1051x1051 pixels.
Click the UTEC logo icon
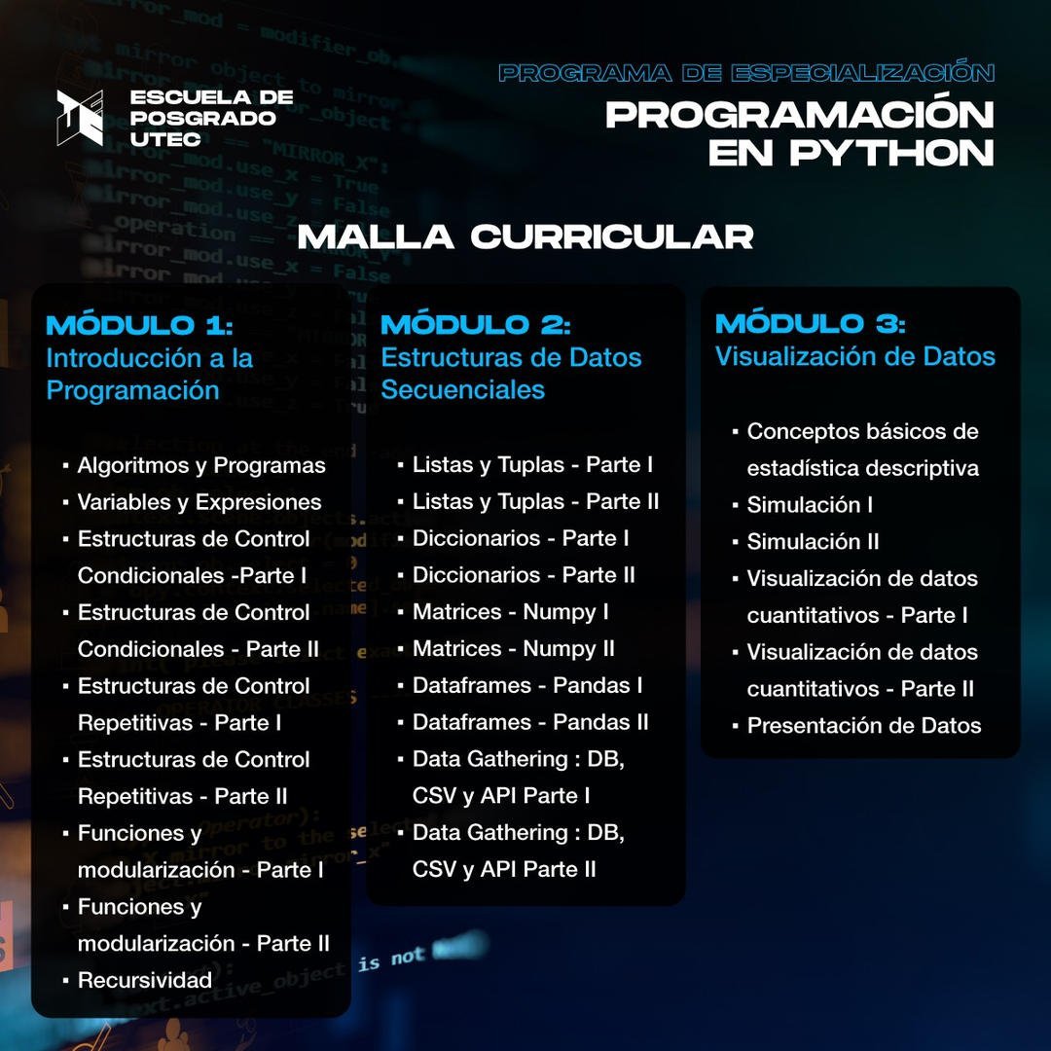(80, 118)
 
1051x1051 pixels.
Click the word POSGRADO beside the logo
(203, 119)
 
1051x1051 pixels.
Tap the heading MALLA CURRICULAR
(525, 236)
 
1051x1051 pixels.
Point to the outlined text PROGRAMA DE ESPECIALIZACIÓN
(746, 73)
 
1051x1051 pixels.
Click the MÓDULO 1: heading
(139, 324)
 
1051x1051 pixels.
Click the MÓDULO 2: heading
(475, 324)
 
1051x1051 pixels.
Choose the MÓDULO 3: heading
(810, 324)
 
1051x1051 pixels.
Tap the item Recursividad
(144, 980)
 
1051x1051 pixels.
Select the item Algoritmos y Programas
(201, 465)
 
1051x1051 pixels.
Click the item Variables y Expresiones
(199, 502)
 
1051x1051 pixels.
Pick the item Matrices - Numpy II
(513, 649)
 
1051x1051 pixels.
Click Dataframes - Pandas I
(526, 686)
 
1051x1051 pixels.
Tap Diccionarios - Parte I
(520, 538)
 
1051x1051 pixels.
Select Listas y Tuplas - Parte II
(535, 502)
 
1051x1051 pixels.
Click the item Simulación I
(809, 505)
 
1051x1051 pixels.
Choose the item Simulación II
(813, 542)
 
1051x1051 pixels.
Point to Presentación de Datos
(863, 726)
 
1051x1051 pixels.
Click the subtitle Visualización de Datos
(854, 357)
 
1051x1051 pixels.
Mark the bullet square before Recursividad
(65, 981)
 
